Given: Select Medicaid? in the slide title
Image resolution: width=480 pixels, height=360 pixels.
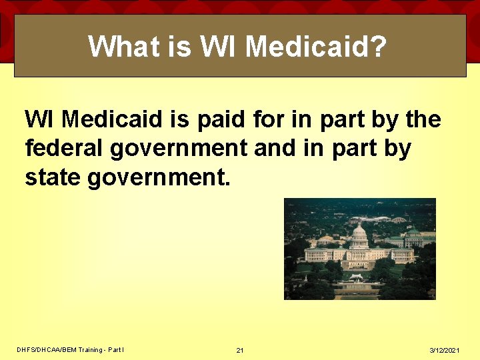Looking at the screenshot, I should (x=316, y=47).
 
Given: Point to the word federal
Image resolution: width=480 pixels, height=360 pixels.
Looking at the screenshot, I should (x=64, y=149).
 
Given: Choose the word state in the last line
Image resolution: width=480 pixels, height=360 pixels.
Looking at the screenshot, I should (x=53, y=177).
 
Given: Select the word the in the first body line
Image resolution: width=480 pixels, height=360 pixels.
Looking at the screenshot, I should (x=423, y=120).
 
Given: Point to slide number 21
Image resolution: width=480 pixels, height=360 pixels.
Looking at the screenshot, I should (x=240, y=351).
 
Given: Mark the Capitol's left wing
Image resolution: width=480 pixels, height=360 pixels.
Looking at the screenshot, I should (x=322, y=254).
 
